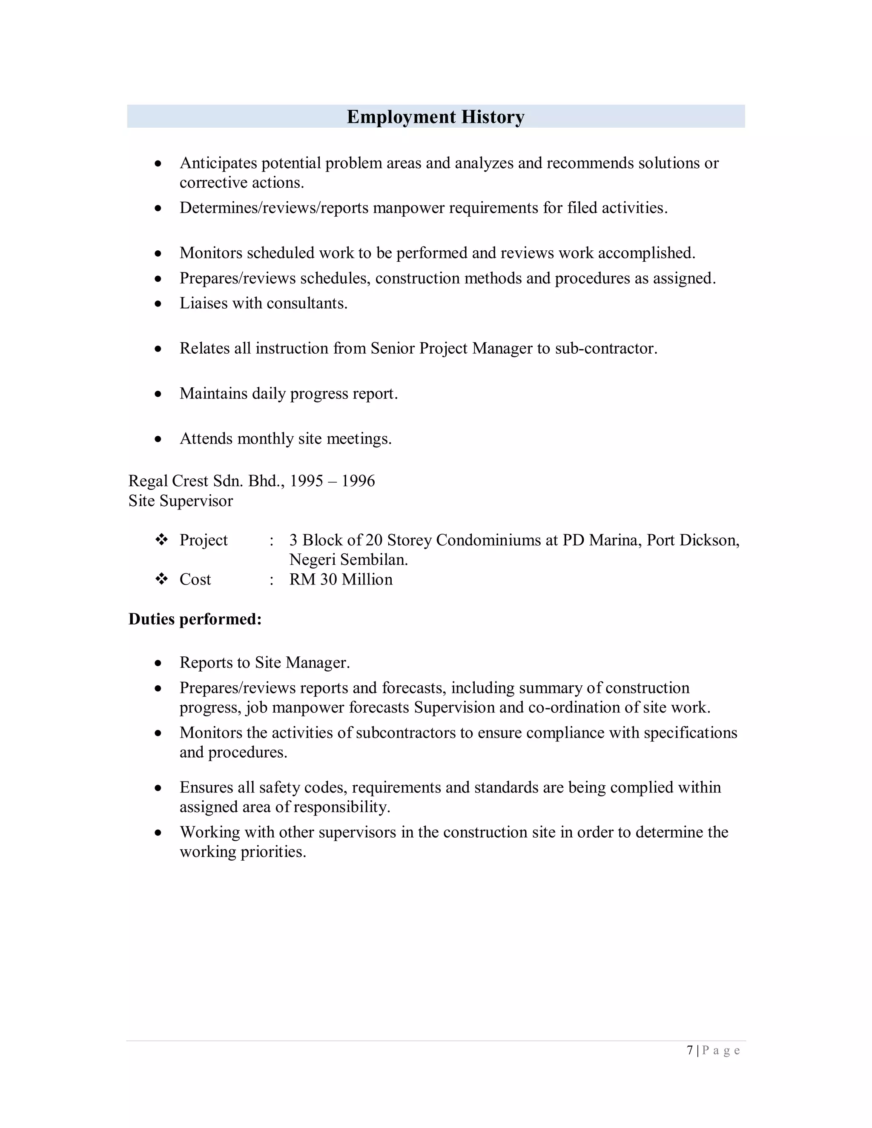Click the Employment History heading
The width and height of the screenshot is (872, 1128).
pyautogui.click(x=436, y=117)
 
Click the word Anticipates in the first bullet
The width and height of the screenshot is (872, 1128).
pyautogui.click(x=218, y=163)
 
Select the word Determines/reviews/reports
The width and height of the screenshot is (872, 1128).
pyautogui.click(x=274, y=208)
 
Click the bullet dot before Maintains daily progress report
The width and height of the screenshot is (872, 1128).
pyautogui.click(x=158, y=394)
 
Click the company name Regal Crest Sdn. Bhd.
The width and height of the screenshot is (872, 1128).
pyautogui.click(x=206, y=481)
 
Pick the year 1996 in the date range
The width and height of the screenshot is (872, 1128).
pyautogui.click(x=358, y=481)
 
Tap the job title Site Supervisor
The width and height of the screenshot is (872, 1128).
pyautogui.click(x=181, y=501)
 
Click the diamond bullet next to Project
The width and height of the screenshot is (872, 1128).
pyautogui.click(x=162, y=540)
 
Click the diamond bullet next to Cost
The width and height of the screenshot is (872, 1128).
pyautogui.click(x=162, y=579)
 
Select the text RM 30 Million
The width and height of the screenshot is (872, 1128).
pyautogui.click(x=341, y=579)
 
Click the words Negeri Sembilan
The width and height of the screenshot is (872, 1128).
pyautogui.click(x=348, y=560)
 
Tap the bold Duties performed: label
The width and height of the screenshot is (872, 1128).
pyautogui.click(x=195, y=619)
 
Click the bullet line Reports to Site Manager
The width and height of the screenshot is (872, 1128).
pyautogui.click(x=264, y=663)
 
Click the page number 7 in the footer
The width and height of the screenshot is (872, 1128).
pyautogui.click(x=690, y=1051)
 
